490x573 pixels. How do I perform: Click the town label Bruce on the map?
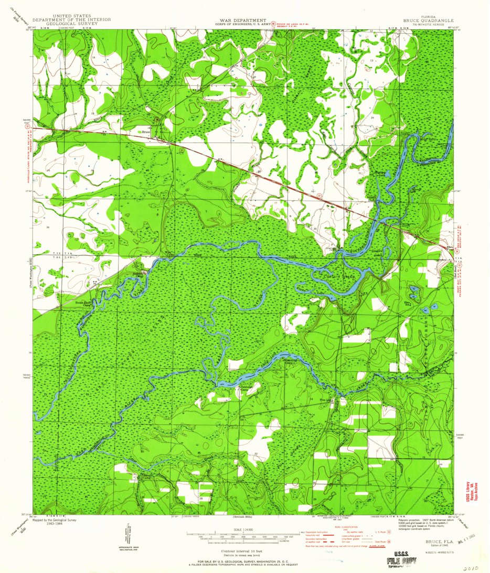(x=146, y=132)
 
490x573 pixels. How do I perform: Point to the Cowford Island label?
(x=338, y=276)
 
